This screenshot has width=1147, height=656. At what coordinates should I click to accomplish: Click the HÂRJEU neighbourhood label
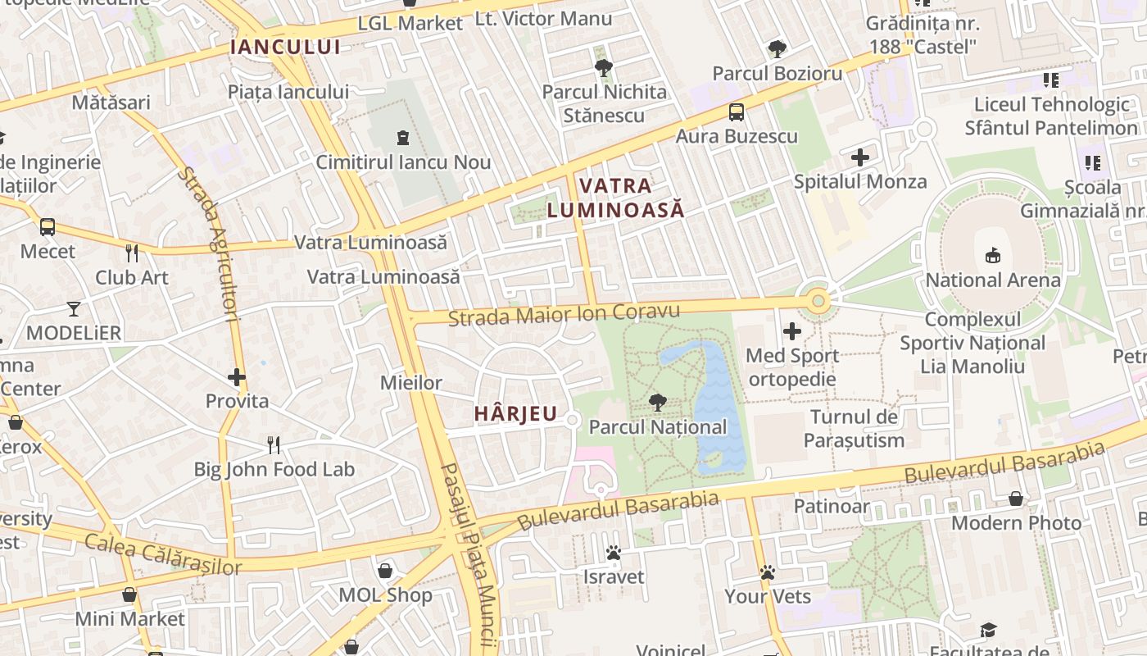click(x=515, y=414)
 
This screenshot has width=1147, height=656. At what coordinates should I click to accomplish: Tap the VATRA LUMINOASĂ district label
click(x=615, y=198)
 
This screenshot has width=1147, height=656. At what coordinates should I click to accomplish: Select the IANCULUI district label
click(x=285, y=47)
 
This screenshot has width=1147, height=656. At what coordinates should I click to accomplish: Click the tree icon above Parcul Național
click(x=657, y=402)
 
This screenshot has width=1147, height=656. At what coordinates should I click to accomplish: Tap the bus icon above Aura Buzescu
click(x=737, y=112)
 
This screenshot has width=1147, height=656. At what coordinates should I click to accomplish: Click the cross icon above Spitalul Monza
click(x=860, y=157)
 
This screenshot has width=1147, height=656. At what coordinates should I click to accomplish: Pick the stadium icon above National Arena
click(x=993, y=256)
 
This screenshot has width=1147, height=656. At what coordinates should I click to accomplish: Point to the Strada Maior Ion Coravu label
click(x=564, y=314)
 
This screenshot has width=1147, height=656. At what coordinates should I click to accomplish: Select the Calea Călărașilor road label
click(x=163, y=554)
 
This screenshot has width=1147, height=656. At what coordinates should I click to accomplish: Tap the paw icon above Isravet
click(x=614, y=553)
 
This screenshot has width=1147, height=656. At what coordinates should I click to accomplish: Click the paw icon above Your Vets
click(x=768, y=572)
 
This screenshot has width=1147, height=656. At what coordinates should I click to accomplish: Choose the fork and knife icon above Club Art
click(x=132, y=253)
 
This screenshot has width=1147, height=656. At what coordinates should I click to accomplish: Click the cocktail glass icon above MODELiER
click(x=74, y=308)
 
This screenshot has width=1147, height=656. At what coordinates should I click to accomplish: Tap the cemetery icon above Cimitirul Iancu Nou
click(x=403, y=138)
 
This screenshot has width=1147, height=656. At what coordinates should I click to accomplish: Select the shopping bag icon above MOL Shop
click(x=385, y=571)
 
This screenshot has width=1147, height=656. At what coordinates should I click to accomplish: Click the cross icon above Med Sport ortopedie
click(x=792, y=331)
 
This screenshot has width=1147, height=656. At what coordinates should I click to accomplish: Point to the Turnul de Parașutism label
click(x=854, y=428)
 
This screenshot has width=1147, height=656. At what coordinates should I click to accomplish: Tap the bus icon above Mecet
click(x=48, y=227)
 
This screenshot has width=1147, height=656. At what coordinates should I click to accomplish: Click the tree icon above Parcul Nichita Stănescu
click(x=604, y=67)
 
